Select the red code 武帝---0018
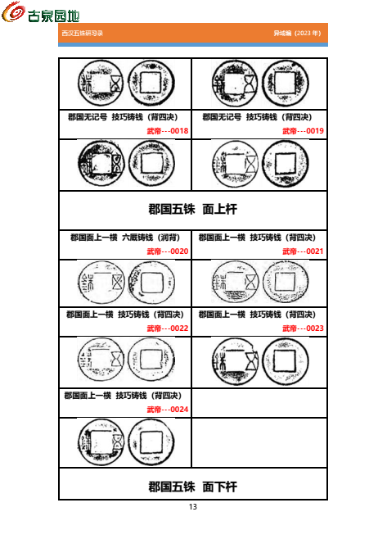pyautogui.click(x=167, y=131)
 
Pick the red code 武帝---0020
pyautogui.click(x=167, y=251)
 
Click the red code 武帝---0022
pyautogui.click(x=167, y=328)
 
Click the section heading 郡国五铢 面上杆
pyautogui.click(x=193, y=210)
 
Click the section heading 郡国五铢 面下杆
pyautogui.click(x=193, y=486)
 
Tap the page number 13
pyautogui.click(x=193, y=507)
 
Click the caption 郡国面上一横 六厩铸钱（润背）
pyautogui.click(x=124, y=238)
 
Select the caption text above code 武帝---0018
pyautogui.click(x=124, y=117)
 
